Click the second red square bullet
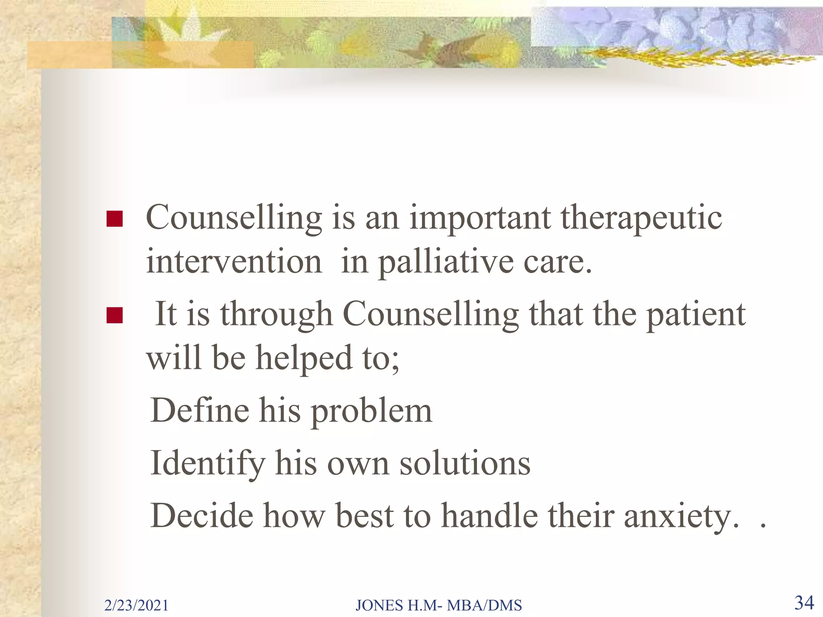point(115,315)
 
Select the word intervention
point(234,261)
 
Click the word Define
point(200,411)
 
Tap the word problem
point(372,412)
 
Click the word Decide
point(202,516)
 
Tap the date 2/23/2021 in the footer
point(136,605)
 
